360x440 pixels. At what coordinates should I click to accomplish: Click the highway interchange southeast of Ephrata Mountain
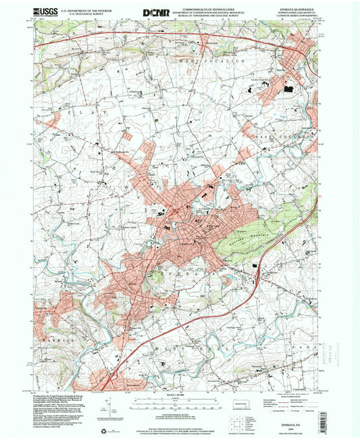click(x=257, y=269)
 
